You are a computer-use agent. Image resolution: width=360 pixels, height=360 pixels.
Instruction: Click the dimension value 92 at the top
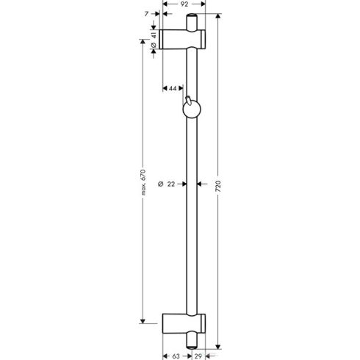[x=184, y=4]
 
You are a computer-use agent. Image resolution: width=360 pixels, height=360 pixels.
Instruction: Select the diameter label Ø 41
[x=153, y=40]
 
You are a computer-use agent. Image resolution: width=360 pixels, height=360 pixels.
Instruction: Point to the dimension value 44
[x=173, y=89]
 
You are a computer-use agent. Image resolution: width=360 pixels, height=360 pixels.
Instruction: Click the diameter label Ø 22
[x=168, y=185]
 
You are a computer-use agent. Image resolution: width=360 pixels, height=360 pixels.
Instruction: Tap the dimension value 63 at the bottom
[x=177, y=356]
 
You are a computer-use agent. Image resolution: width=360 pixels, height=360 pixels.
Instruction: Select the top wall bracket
[x=184, y=39]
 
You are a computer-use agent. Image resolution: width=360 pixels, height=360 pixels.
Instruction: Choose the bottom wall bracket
[x=184, y=321]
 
